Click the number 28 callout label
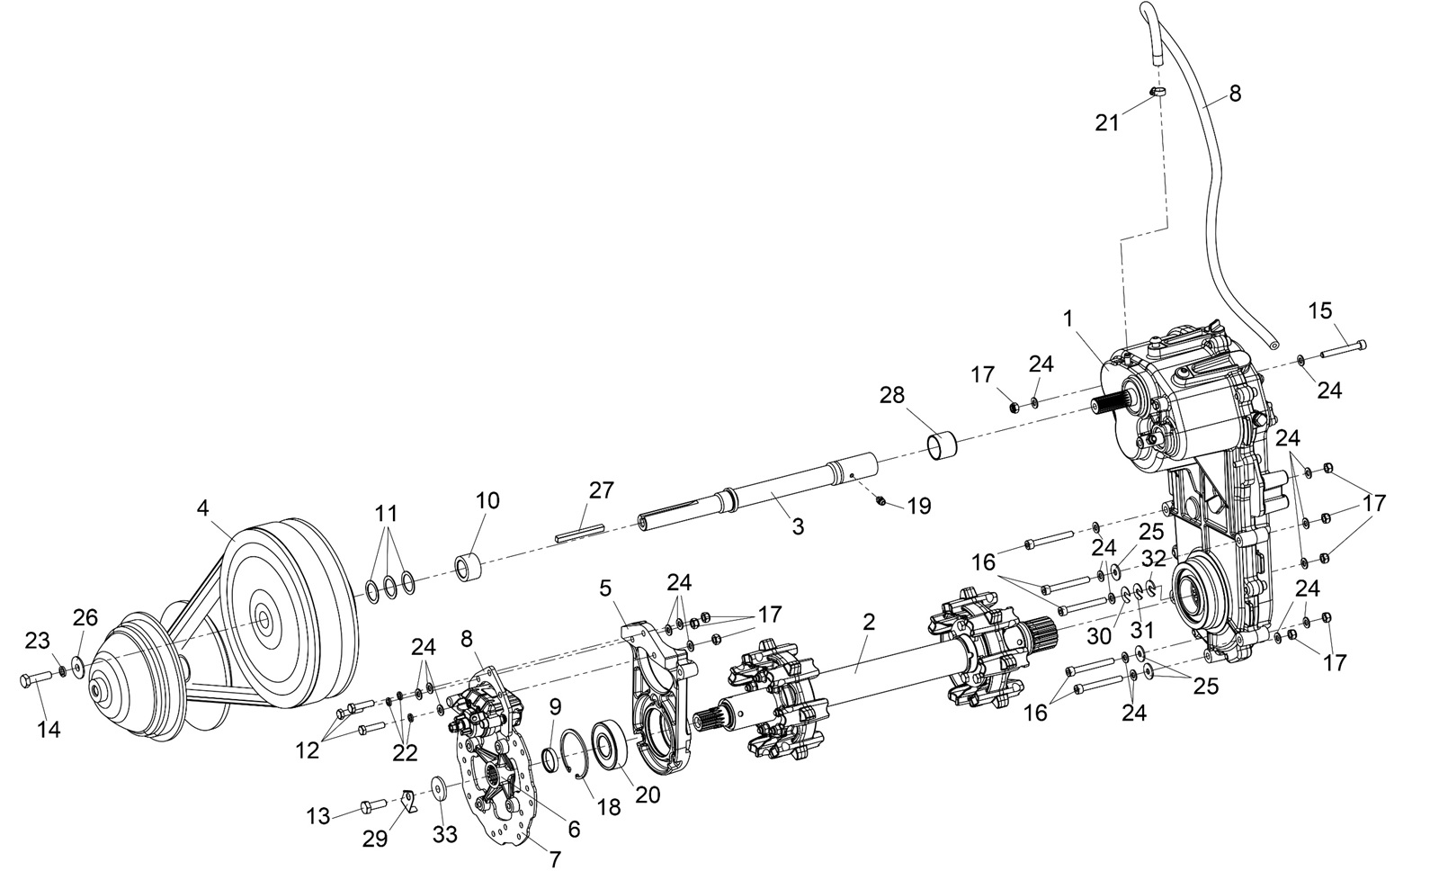click(892, 396)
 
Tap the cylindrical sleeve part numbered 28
click(942, 444)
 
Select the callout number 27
click(601, 490)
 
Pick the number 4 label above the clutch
click(204, 507)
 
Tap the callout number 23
click(37, 642)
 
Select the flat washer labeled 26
click(76, 667)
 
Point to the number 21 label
click(1107, 121)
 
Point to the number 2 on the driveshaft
click(868, 622)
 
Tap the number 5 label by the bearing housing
click(605, 588)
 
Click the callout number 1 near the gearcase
click(1068, 319)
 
